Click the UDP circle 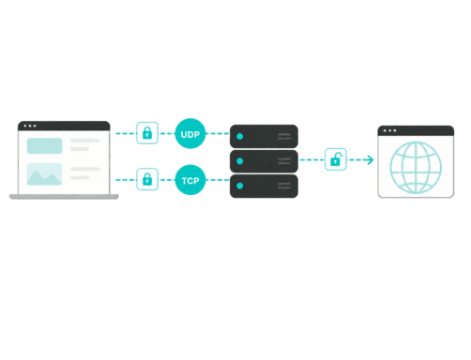[x=190, y=134]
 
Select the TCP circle [x=190, y=180]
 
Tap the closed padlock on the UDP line [x=147, y=133]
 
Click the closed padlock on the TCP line [x=147, y=179]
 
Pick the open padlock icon [x=336, y=159]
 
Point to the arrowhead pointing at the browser [x=370, y=159]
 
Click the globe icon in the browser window [x=416, y=167]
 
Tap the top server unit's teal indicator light [x=240, y=137]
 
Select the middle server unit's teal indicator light [x=240, y=161]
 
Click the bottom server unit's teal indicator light [x=240, y=186]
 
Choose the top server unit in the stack [x=264, y=136]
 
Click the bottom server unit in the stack [x=264, y=187]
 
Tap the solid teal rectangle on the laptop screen [x=44, y=145]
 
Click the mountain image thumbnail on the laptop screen [x=44, y=174]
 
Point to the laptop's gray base [x=64, y=197]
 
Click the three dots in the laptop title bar [x=30, y=126]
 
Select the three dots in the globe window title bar [x=389, y=130]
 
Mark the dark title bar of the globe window [x=416, y=130]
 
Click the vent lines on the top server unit [x=284, y=136]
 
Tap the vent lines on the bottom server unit [x=284, y=186]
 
